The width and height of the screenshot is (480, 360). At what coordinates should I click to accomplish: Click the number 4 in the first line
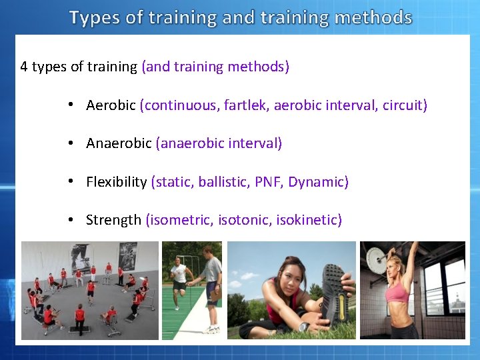[24, 67]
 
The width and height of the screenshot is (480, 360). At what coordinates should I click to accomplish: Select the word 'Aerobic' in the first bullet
[111, 105]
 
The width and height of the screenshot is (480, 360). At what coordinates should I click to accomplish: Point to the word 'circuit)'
[405, 105]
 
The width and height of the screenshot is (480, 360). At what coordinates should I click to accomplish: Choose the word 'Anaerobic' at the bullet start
[119, 143]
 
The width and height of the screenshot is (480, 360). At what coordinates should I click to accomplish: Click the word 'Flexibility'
[116, 182]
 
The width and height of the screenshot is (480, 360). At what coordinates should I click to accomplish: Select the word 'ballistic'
[223, 182]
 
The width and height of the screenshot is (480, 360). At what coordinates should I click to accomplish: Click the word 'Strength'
[113, 220]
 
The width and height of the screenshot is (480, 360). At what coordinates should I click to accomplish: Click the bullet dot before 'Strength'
[70, 220]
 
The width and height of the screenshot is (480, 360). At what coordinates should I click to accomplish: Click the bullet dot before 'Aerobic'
[70, 105]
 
